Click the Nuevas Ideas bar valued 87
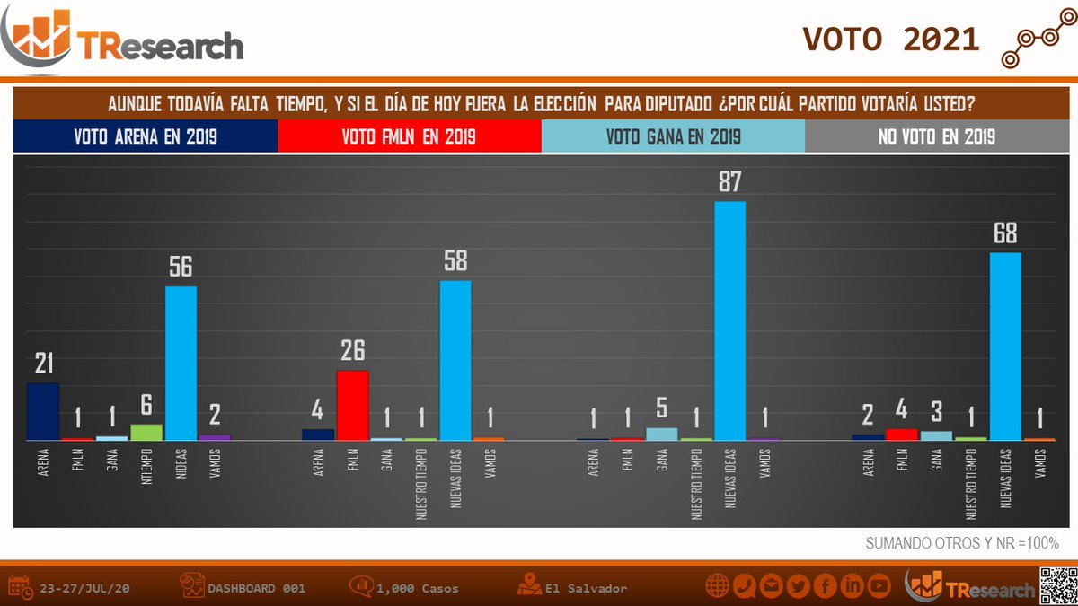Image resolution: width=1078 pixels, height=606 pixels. [x=729, y=321]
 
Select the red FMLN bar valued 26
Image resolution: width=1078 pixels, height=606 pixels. [x=352, y=405]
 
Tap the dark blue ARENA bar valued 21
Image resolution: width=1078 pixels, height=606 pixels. [x=42, y=411]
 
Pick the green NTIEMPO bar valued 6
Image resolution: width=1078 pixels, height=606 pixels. [x=146, y=432]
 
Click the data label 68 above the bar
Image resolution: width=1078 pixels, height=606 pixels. [x=1004, y=234]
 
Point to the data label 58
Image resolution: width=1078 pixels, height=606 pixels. [x=455, y=261]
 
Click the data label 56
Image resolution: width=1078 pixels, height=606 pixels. [x=181, y=268]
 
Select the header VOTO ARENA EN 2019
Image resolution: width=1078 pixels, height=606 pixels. [x=146, y=137]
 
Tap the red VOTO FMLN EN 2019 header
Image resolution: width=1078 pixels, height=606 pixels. [x=409, y=137]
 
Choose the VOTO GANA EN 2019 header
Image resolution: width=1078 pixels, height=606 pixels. [x=673, y=137]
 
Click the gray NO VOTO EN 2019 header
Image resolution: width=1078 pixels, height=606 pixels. [x=936, y=137]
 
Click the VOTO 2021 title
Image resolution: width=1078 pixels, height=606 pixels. [x=890, y=39]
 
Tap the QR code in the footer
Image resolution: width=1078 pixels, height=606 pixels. [x=1057, y=586]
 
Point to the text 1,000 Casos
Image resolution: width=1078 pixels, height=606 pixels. [x=418, y=589]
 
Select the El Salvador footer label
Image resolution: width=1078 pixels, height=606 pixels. [x=585, y=589]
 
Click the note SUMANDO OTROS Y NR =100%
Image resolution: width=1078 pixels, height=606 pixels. [x=962, y=543]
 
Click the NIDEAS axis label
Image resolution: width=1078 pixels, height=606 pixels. [x=181, y=468]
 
